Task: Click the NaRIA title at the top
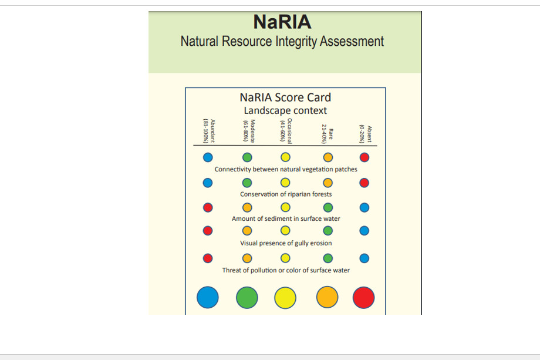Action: pyautogui.click(x=282, y=22)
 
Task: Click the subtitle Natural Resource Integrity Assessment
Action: pyautogui.click(x=282, y=42)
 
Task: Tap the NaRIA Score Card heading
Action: pyautogui.click(x=285, y=97)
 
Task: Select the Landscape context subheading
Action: pyautogui.click(x=285, y=110)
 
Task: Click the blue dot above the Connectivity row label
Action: pyautogui.click(x=208, y=157)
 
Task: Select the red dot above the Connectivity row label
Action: pyautogui.click(x=365, y=157)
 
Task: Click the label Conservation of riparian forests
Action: pyautogui.click(x=286, y=194)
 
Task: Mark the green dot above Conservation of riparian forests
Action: pyautogui.click(x=248, y=183)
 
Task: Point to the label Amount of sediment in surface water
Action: pyautogui.click(x=286, y=219)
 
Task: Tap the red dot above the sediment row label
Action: pyautogui.click(x=208, y=207)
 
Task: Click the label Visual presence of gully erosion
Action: pyautogui.click(x=286, y=243)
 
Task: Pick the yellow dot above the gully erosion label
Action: pyautogui.click(x=285, y=231)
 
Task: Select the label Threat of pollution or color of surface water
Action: pyautogui.click(x=286, y=270)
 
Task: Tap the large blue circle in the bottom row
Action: pyautogui.click(x=208, y=297)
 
